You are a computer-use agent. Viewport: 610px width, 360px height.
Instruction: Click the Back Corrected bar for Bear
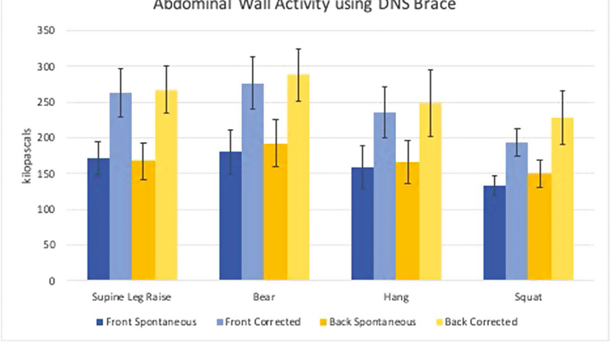[x=298, y=177]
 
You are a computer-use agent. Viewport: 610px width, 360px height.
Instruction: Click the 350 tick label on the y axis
[x=45, y=31]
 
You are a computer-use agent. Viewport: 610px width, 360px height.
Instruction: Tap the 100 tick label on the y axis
[x=45, y=209]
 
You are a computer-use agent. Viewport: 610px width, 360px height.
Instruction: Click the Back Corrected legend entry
[x=480, y=322]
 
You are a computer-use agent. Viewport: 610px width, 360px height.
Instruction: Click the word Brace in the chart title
[x=434, y=6]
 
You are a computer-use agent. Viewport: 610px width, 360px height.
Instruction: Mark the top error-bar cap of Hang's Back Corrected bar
[x=430, y=70]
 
